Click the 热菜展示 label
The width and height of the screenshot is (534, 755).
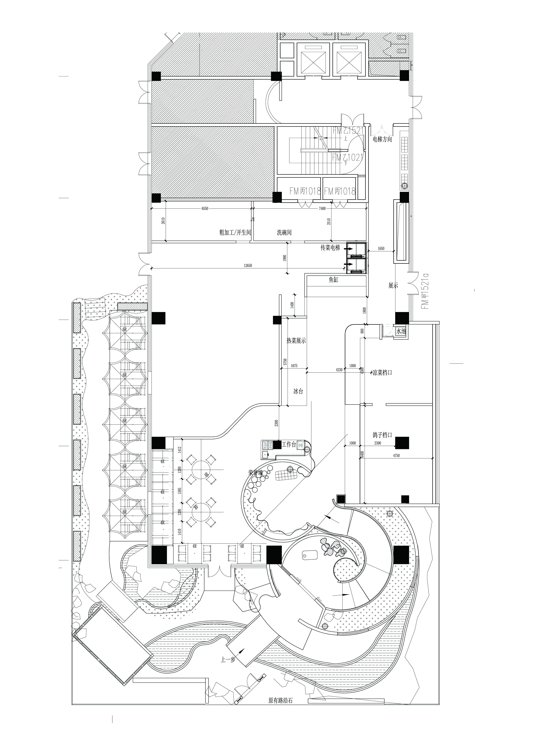coord(296,341)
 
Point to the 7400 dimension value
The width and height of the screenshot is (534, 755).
coord(322,208)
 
